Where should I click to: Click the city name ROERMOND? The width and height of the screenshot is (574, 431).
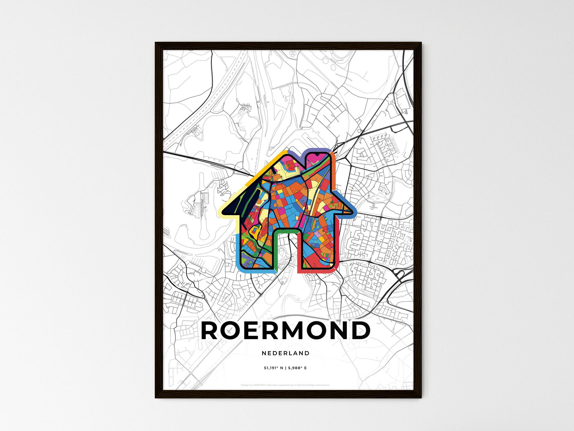[286, 330]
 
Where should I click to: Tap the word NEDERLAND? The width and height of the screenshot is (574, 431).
[286, 353]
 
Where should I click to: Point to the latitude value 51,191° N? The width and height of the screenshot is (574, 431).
[274, 368]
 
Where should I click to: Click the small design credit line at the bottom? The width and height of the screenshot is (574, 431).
[286, 385]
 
